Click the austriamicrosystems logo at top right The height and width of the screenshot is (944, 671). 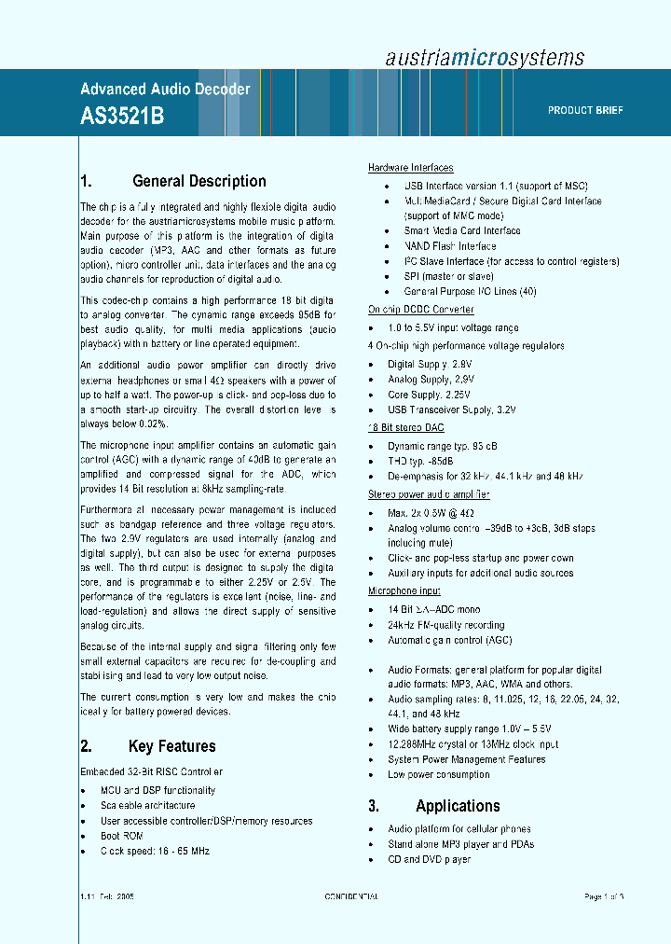[485, 57]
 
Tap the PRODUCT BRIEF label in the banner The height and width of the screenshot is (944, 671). [585, 110]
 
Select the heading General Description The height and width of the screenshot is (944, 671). [199, 181]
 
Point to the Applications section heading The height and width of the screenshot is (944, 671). [457, 806]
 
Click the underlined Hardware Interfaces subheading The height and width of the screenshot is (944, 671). [411, 168]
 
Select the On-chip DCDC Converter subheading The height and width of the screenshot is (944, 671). [420, 310]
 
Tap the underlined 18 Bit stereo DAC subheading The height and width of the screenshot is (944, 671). [407, 427]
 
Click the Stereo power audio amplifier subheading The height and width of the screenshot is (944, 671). [429, 494]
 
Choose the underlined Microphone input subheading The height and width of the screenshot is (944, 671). [404, 591]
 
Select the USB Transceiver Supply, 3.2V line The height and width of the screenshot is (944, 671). [452, 410]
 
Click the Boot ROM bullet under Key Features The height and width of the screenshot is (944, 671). [122, 836]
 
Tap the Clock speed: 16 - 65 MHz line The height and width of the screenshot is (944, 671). [155, 851]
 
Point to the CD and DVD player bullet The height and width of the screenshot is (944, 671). [429, 859]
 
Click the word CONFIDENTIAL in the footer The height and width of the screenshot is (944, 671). [351, 896]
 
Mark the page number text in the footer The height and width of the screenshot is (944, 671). [604, 896]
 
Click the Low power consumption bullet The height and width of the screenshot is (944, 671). [438, 774]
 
